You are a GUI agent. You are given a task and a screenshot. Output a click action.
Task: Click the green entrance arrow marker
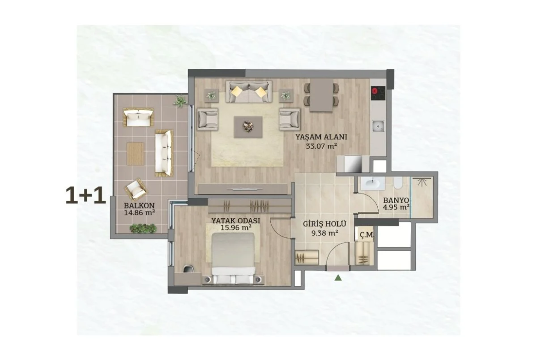[338, 277]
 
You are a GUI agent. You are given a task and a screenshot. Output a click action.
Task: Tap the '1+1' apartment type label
[85, 196]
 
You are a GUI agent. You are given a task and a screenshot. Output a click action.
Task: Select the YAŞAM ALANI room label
[321, 137]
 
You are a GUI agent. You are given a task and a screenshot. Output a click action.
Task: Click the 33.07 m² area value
[321, 146]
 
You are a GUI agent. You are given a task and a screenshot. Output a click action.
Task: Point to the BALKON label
[140, 205]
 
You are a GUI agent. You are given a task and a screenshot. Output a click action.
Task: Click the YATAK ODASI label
[235, 221]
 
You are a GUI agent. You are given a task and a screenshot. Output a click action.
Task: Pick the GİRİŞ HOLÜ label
[324, 224]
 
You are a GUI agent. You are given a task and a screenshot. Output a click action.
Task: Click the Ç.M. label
[367, 235]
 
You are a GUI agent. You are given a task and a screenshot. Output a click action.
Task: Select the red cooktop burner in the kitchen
[375, 91]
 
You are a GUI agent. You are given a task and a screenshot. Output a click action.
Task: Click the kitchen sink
[379, 126]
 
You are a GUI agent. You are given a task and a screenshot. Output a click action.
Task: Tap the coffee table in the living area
[248, 127]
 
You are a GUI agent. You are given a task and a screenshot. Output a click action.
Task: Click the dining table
[322, 95]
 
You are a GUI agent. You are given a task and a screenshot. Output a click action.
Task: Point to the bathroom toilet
[398, 183]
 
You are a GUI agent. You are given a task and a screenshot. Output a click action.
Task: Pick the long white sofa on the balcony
[164, 153]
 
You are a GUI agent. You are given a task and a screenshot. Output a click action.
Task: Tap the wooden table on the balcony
[135, 154]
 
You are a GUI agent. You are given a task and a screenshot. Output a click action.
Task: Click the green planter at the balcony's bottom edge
[143, 228]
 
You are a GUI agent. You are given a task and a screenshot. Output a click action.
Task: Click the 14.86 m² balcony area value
[140, 212]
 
